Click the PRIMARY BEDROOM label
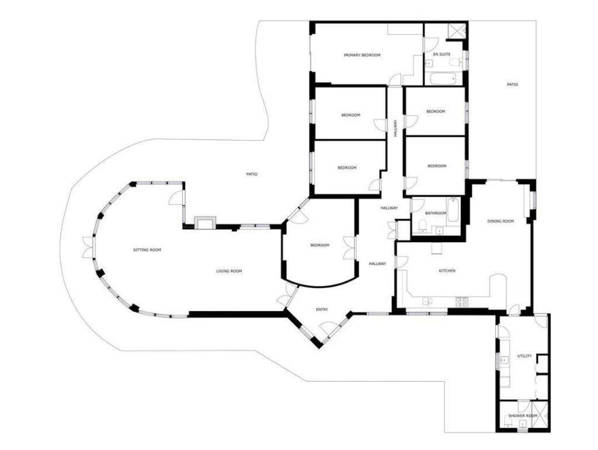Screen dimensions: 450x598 [x=362, y=55]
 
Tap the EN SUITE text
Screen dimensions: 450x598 [x=441, y=54]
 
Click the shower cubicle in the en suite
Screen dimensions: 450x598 [x=456, y=31]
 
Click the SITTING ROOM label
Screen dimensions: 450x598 [x=147, y=250]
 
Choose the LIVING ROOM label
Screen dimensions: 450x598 [x=229, y=271]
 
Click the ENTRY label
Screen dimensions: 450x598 [x=322, y=309]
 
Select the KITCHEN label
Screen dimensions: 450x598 [x=447, y=271]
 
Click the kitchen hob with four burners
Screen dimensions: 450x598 [x=463, y=302]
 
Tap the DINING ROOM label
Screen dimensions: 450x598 [x=500, y=221]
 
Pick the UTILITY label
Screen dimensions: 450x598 [x=524, y=356]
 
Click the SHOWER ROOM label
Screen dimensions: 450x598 [x=522, y=416]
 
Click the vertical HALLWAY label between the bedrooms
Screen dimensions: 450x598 [x=395, y=128]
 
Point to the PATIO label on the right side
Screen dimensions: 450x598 [x=512, y=85]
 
